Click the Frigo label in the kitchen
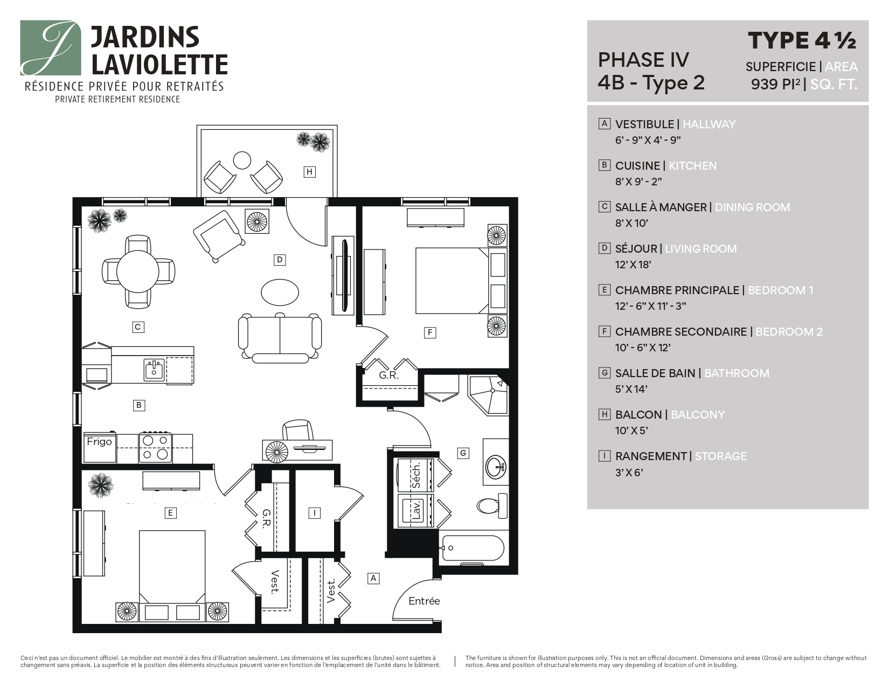(99, 442)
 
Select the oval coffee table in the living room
(280, 292)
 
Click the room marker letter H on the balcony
(309, 172)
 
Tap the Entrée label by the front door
(424, 601)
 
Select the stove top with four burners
(156, 447)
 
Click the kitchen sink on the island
(154, 370)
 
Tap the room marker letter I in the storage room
(315, 513)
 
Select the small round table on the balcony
(242, 160)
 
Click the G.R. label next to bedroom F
(388, 376)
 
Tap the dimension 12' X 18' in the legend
(633, 265)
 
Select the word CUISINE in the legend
(637, 166)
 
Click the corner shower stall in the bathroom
(488, 395)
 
